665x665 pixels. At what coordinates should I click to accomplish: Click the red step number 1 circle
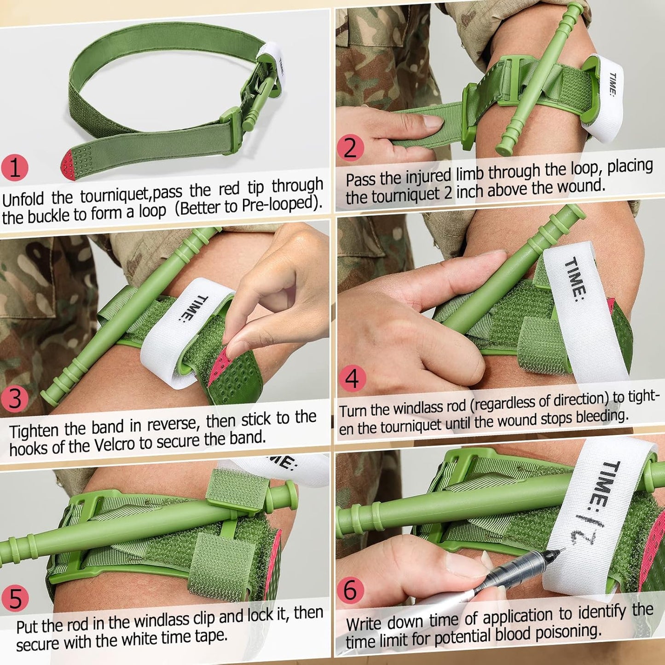(15, 168)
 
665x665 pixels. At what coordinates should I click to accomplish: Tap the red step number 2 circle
(350, 148)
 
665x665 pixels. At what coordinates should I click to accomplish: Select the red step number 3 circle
(15, 399)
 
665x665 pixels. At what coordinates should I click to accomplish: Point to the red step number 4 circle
(352, 379)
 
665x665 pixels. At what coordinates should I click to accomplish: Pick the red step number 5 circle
(15, 599)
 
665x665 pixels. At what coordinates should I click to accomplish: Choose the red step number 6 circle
(350, 590)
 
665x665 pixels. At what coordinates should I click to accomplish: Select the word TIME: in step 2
(613, 84)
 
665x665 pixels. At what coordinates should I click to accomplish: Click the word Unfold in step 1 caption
(23, 200)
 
